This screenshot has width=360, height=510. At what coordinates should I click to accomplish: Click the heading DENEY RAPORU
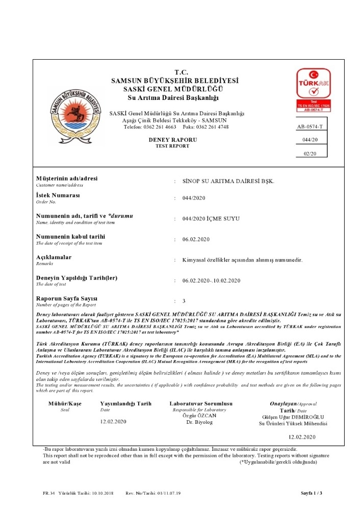172,139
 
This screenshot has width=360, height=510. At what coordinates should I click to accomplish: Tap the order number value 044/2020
193,198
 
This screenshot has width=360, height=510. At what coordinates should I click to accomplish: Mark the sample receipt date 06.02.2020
195,239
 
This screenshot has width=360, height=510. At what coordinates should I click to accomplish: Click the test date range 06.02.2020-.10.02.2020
211,280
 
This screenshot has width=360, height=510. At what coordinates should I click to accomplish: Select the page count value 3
183,301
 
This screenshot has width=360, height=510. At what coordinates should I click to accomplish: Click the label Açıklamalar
54,257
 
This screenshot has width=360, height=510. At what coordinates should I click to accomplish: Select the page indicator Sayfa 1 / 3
312,493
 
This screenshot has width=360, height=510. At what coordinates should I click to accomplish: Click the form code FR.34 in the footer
48,493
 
